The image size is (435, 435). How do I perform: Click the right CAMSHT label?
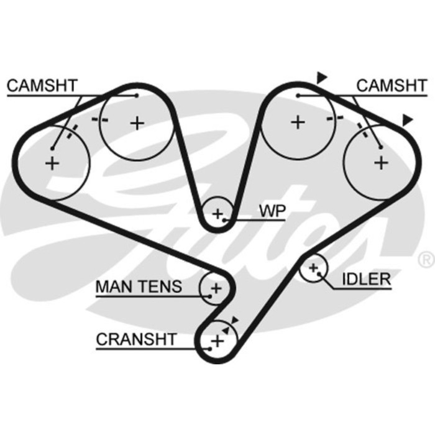(392, 86)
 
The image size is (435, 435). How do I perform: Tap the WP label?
(272, 211)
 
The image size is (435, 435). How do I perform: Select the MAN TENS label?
(139, 286)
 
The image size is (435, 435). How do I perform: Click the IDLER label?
(366, 279)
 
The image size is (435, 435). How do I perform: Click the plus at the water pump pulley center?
(217, 214)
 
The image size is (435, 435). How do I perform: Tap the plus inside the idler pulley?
(314, 268)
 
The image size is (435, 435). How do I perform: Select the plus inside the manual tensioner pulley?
(216, 288)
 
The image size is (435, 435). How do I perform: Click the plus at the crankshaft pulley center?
(217, 341)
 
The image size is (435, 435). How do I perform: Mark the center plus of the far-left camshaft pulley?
(52, 163)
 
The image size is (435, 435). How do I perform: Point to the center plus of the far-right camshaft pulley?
(380, 162)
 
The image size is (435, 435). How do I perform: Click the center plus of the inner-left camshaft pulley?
(137, 122)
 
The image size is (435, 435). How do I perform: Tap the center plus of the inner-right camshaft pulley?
(298, 122)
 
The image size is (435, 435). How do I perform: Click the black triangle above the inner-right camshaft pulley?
(321, 77)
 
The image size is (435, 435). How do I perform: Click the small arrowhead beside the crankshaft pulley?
(235, 320)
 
